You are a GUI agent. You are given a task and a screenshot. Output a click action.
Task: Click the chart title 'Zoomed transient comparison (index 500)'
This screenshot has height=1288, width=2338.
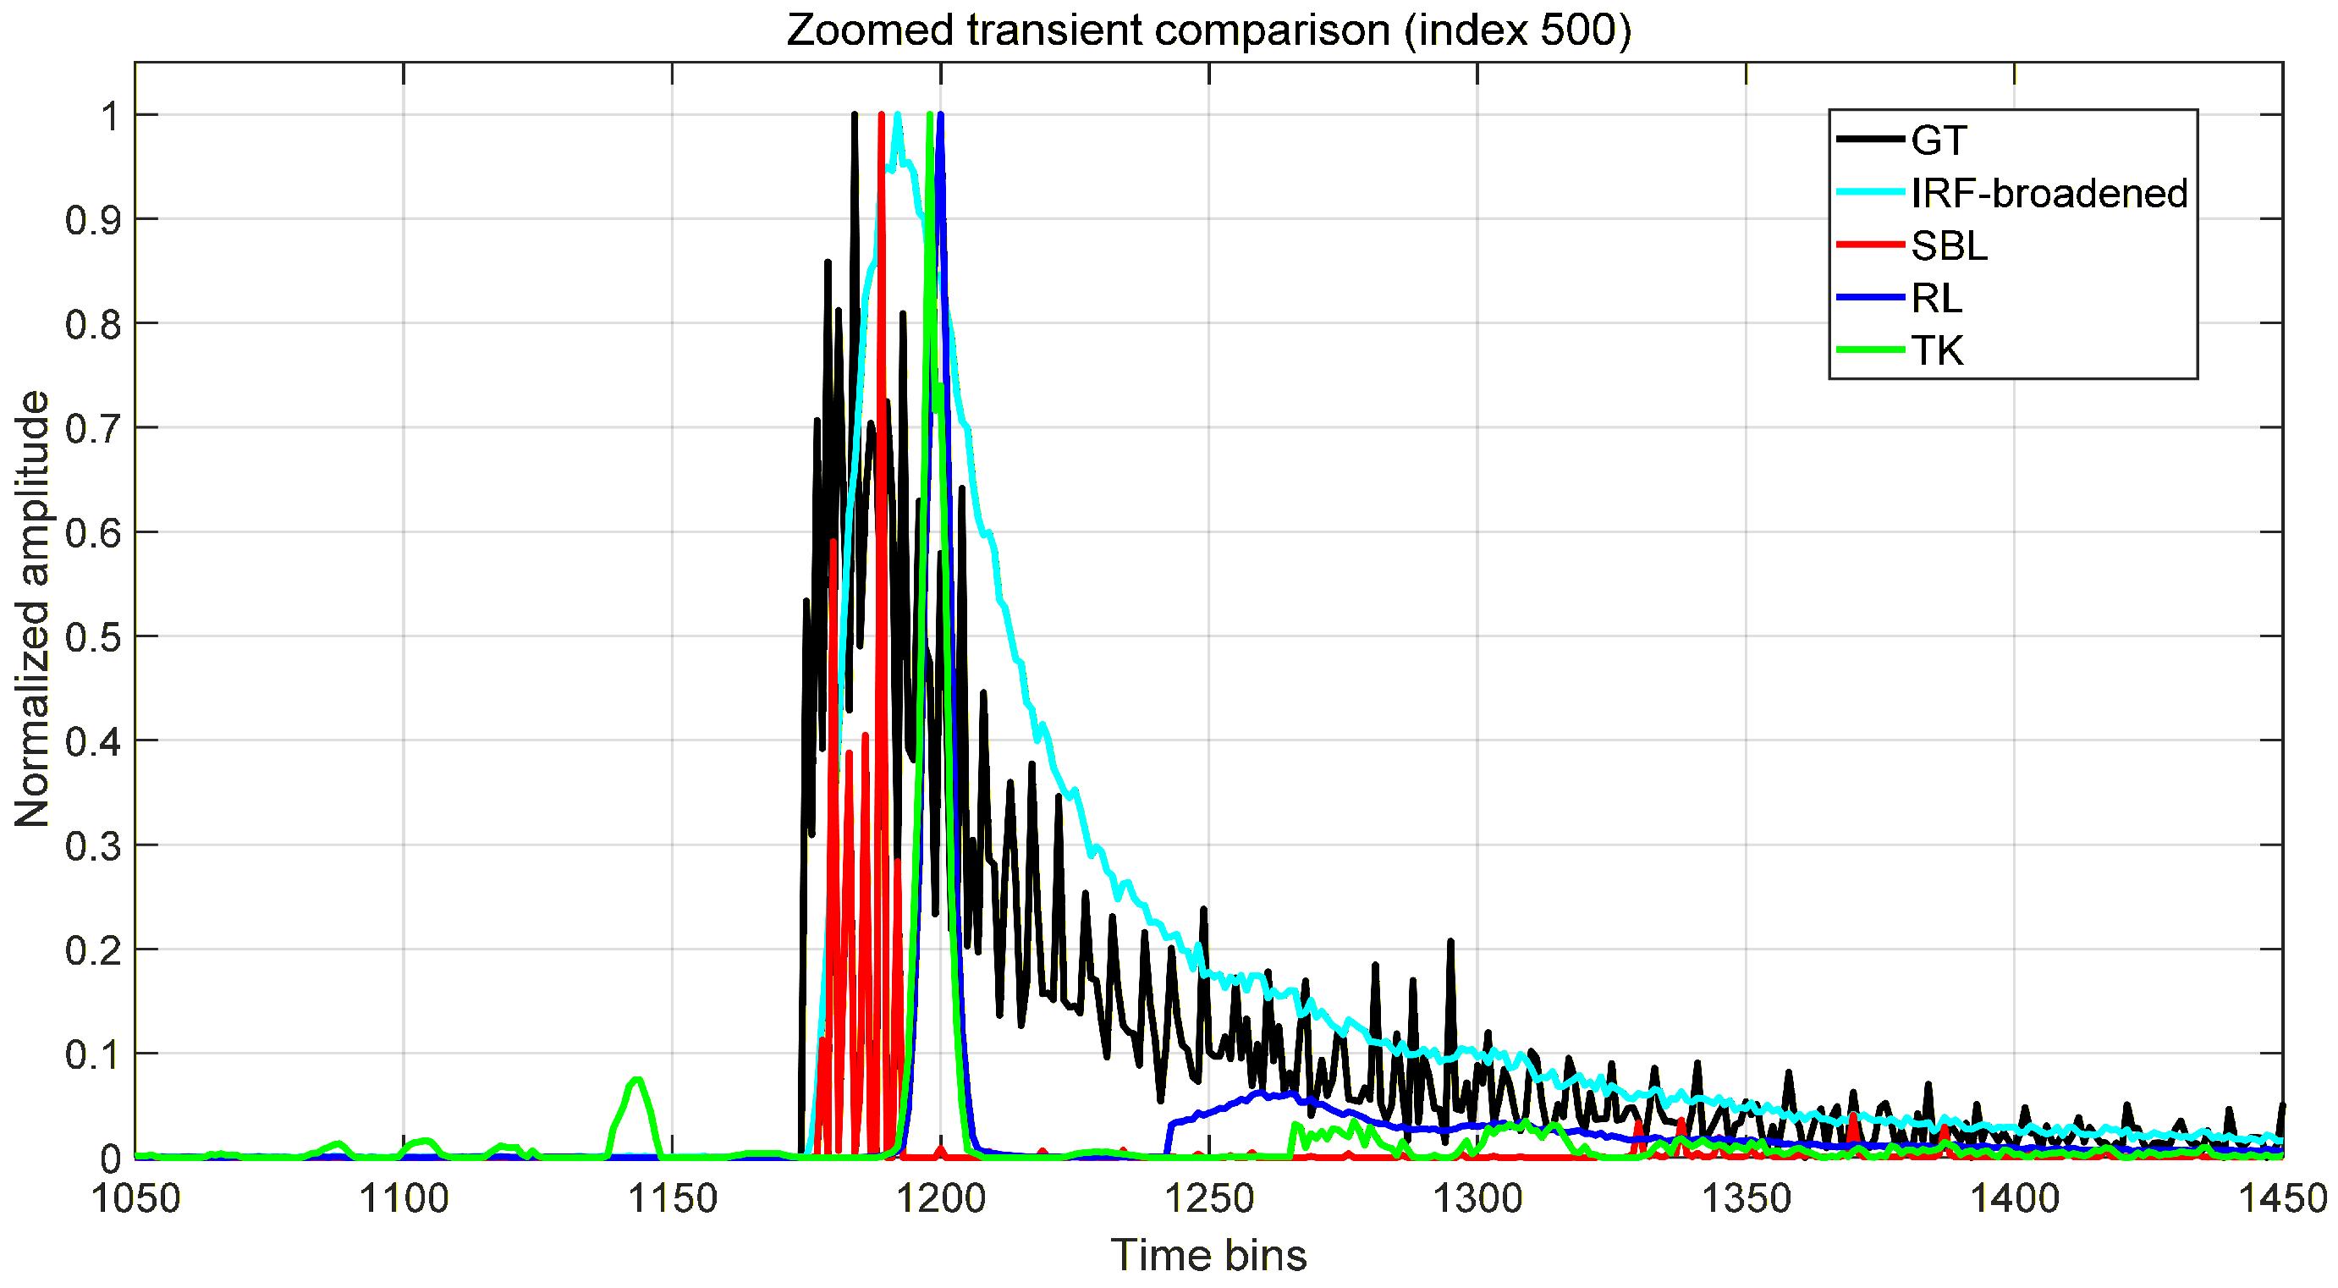click(x=1208, y=30)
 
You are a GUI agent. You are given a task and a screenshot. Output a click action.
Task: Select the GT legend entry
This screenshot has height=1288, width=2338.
click(x=1938, y=140)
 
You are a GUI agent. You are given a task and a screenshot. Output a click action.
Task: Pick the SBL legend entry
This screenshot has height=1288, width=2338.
click(x=1949, y=246)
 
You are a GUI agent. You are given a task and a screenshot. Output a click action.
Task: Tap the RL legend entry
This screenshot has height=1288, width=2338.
click(x=1937, y=298)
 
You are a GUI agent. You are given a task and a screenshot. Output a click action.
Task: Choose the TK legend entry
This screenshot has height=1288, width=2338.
click(x=1937, y=350)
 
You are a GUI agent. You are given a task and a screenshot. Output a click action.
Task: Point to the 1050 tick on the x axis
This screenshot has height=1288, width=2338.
click(x=136, y=1199)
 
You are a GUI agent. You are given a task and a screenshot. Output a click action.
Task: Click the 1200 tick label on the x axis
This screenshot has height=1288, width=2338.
click(x=940, y=1199)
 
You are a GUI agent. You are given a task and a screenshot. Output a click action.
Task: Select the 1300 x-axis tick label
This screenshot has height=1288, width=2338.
click(x=1477, y=1199)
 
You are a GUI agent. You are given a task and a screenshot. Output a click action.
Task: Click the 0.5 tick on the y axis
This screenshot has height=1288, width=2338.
click(x=92, y=637)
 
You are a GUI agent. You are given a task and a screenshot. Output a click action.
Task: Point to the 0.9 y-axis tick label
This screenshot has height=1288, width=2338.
click(x=92, y=220)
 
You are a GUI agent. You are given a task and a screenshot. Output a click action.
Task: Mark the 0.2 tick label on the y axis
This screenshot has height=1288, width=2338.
click(x=92, y=951)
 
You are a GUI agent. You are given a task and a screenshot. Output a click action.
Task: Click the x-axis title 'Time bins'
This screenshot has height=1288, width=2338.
click(x=1208, y=1255)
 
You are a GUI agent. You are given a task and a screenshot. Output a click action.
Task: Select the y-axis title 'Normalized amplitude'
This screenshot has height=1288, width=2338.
click(x=33, y=608)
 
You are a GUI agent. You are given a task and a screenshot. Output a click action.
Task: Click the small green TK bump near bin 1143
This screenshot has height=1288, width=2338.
click(x=637, y=1081)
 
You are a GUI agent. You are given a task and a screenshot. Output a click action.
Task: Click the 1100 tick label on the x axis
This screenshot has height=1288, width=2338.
click(x=404, y=1199)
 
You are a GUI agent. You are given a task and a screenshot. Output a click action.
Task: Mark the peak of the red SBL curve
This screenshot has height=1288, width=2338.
click(x=881, y=116)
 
